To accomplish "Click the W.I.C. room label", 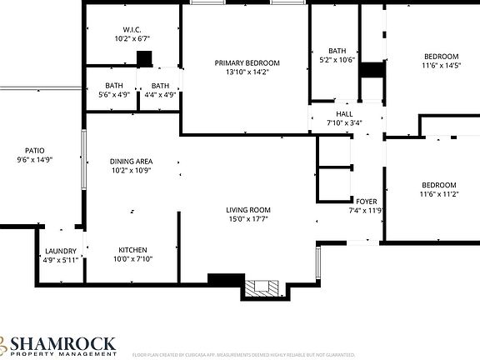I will pos(132,29).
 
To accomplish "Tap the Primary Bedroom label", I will pos(247,63).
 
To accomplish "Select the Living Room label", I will pos(248,210).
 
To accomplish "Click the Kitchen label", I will pos(132,250).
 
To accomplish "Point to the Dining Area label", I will pos(132,162).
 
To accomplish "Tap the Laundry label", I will pos(60,251).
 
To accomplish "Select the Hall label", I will pos(344,114).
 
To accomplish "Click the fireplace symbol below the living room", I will pos(263,289).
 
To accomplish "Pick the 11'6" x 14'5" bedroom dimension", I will pos(440,65).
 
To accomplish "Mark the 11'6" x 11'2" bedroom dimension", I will pos(438,193).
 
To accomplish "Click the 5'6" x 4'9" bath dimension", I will pos(114,94).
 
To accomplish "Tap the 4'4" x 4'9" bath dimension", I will pos(160,94).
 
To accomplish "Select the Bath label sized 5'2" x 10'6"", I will pos(337,51).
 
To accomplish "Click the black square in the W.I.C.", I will pos(144,58).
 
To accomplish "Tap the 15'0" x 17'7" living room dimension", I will pos(248,219).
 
